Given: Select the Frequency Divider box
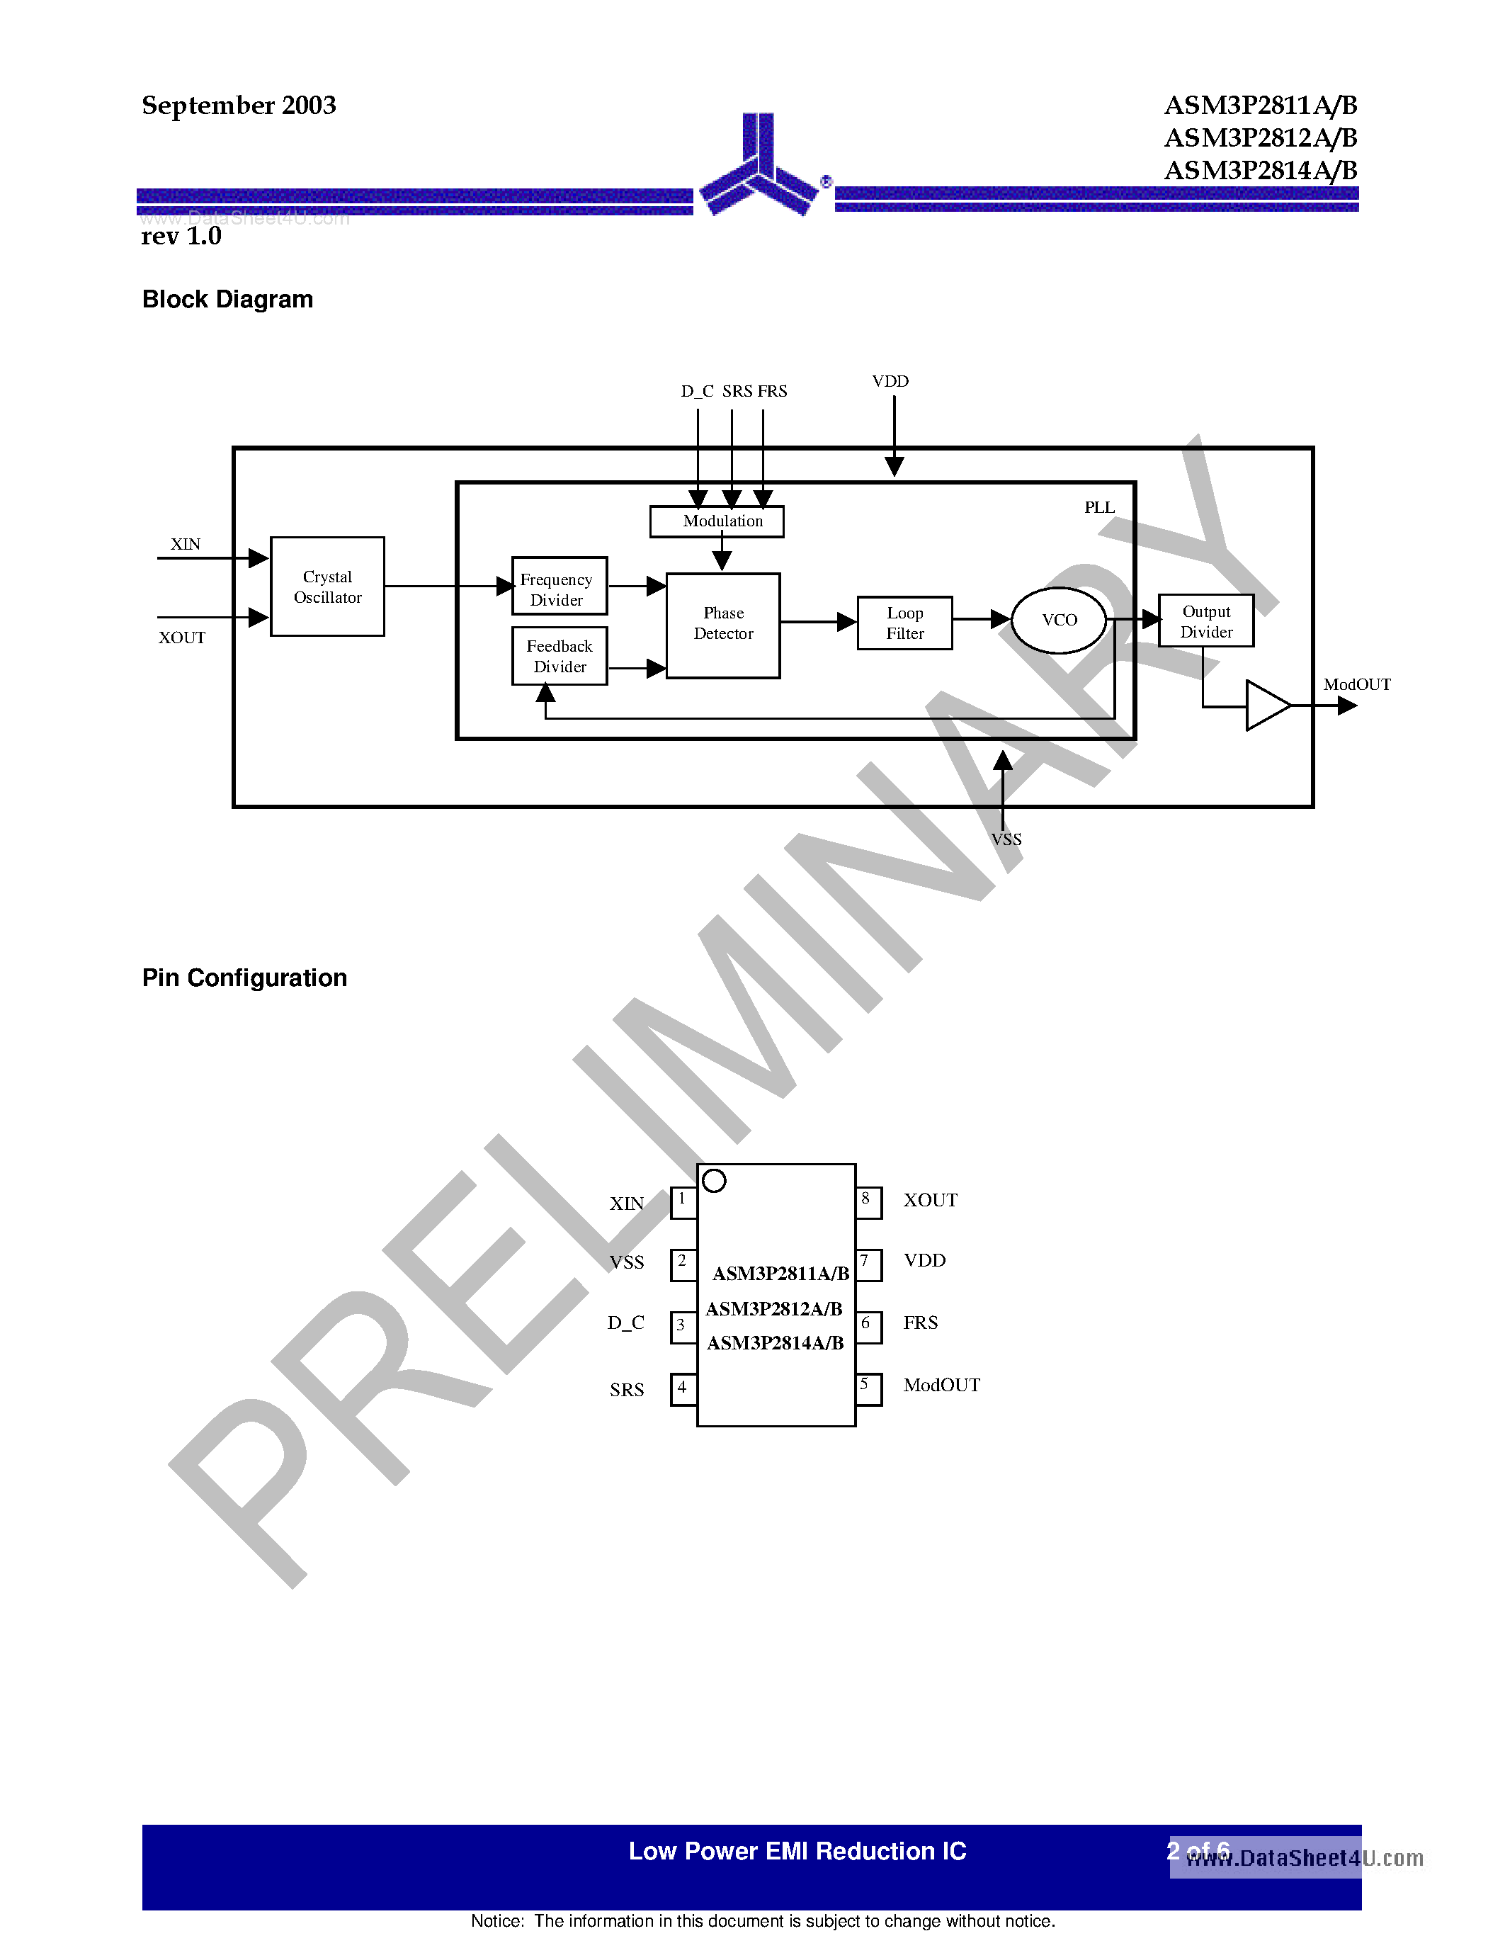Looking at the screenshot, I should pos(559,586).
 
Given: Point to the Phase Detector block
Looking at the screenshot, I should pos(723,624).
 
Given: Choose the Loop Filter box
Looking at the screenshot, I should pos(904,623).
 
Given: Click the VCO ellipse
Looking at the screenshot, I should pos(1060,620).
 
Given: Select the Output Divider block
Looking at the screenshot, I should pos(1205,621).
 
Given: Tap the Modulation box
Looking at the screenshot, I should pos(717,521).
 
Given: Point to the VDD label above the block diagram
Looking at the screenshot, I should pos(890,382).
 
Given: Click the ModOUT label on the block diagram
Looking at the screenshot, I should pos(1356,684).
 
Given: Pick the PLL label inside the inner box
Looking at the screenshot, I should pos(1099,507).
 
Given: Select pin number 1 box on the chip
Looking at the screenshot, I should pos(683,1201).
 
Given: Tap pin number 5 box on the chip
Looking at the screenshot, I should pos(868,1389).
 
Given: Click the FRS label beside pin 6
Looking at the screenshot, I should pos(920,1323).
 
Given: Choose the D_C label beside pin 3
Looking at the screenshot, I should pos(626,1323).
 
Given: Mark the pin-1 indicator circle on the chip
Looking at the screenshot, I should pos(714,1181).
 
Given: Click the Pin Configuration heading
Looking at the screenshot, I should pos(244,978).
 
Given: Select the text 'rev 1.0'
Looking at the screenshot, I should pos(181,237).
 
